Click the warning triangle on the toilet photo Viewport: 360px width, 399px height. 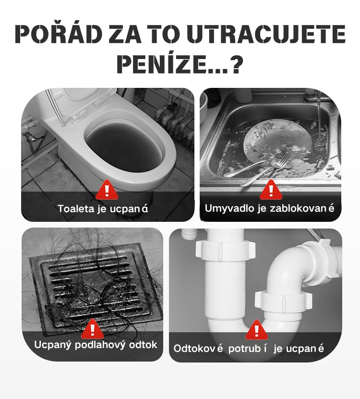click(107, 190)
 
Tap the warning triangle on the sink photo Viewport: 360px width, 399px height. click(271, 190)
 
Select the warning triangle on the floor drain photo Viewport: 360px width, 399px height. click(92, 329)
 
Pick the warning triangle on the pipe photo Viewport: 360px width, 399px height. click(256, 330)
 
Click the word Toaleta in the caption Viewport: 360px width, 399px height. click(75, 209)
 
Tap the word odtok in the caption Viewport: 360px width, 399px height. click(143, 345)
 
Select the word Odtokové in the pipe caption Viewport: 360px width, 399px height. click(198, 349)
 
